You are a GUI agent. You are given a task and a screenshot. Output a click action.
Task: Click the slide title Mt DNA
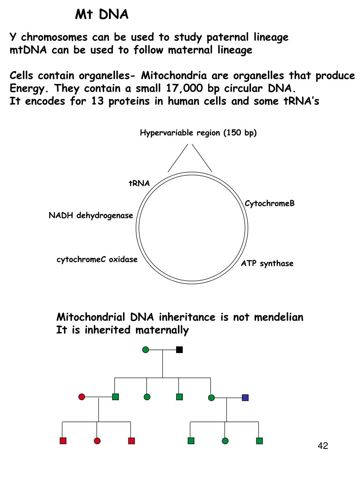pos(102,15)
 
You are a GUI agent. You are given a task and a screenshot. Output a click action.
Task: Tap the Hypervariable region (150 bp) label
pos(198,133)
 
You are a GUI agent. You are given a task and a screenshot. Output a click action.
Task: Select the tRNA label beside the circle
pos(139,183)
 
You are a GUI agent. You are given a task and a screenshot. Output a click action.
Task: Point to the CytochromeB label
pos(270,204)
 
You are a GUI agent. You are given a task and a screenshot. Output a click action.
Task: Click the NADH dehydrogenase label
pos(91,216)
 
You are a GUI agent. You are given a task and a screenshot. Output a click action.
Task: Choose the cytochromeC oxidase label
pos(97,260)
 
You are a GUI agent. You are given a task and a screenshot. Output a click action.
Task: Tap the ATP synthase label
pos(267,263)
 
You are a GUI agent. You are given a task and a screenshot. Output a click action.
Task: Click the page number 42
pos(323,446)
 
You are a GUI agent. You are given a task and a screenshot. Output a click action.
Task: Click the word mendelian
pos(278,317)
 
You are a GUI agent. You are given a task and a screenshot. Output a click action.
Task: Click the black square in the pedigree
pos(179,350)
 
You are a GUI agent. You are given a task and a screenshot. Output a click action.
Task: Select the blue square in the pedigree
pos(245,398)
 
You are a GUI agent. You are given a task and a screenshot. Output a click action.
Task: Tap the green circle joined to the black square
pos(146,350)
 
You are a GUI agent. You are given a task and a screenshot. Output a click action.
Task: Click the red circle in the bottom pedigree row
pos(97,441)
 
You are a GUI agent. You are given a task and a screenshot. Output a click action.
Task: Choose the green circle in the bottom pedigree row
pos(225,441)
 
